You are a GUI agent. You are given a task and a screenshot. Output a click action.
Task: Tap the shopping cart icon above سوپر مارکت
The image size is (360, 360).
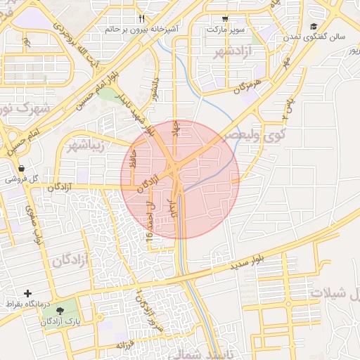coord(224,19)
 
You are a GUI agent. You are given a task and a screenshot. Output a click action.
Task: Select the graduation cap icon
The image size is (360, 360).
coord(312,26)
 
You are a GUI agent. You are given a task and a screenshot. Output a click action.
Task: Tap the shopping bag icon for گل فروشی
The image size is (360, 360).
coord(22,169)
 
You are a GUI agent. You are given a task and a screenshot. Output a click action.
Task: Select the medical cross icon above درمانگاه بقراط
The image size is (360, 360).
coord(27,292)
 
